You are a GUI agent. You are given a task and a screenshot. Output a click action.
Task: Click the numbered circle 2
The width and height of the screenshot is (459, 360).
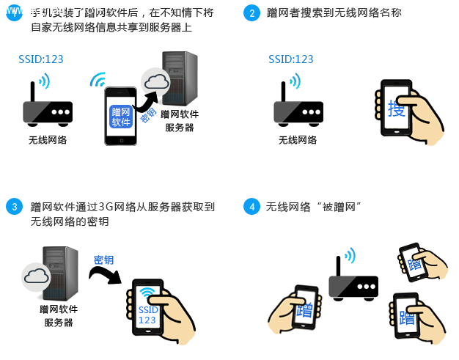pos(251,14)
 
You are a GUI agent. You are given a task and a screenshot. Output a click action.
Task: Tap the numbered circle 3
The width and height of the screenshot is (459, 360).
pos(14,207)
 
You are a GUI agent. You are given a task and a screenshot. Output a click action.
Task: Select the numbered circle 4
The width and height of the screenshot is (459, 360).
pos(251,207)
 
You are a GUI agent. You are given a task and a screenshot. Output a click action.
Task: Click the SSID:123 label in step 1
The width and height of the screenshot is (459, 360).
pos(41,59)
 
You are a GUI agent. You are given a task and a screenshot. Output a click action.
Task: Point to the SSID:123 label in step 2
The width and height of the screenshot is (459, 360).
pos(290,59)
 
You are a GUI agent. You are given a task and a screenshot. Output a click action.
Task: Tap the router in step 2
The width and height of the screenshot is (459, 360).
pos(297,109)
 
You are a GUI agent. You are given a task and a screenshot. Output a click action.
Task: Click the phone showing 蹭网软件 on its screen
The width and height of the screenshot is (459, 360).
pos(120,116)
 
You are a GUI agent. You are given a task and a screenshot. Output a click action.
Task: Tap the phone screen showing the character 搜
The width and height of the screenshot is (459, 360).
pos(396,109)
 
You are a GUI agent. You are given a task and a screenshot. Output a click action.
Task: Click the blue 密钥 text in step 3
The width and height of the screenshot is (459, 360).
pos(104,260)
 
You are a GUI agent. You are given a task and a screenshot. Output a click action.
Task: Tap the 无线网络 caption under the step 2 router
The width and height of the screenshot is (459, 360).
pos(297,140)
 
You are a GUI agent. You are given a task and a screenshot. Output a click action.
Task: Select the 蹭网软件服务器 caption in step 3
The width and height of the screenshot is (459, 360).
pos(59,315)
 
